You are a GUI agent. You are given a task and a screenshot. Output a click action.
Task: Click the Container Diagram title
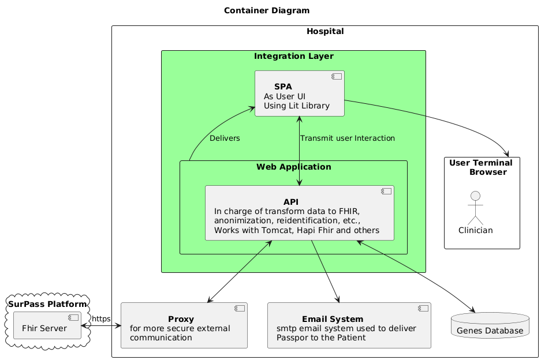(266, 10)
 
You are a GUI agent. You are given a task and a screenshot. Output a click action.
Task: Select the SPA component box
(299, 93)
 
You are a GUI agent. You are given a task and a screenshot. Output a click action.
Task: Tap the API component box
(299, 213)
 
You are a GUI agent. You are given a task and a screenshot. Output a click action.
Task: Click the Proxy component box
(184, 325)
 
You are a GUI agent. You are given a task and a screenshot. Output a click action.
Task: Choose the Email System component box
(349, 325)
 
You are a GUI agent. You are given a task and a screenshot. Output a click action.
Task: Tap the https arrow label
(101, 318)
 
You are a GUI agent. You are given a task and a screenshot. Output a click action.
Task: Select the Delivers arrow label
(225, 138)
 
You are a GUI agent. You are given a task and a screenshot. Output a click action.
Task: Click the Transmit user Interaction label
(348, 138)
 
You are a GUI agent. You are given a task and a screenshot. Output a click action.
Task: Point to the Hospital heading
(325, 31)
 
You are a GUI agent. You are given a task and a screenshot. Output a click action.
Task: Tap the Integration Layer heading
(293, 56)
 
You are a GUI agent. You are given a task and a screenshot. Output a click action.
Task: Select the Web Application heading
(293, 167)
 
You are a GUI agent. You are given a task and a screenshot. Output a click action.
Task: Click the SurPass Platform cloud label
(48, 304)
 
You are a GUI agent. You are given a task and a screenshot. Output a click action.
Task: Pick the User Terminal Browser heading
(482, 167)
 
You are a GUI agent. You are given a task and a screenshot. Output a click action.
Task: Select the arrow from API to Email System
(324, 271)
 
